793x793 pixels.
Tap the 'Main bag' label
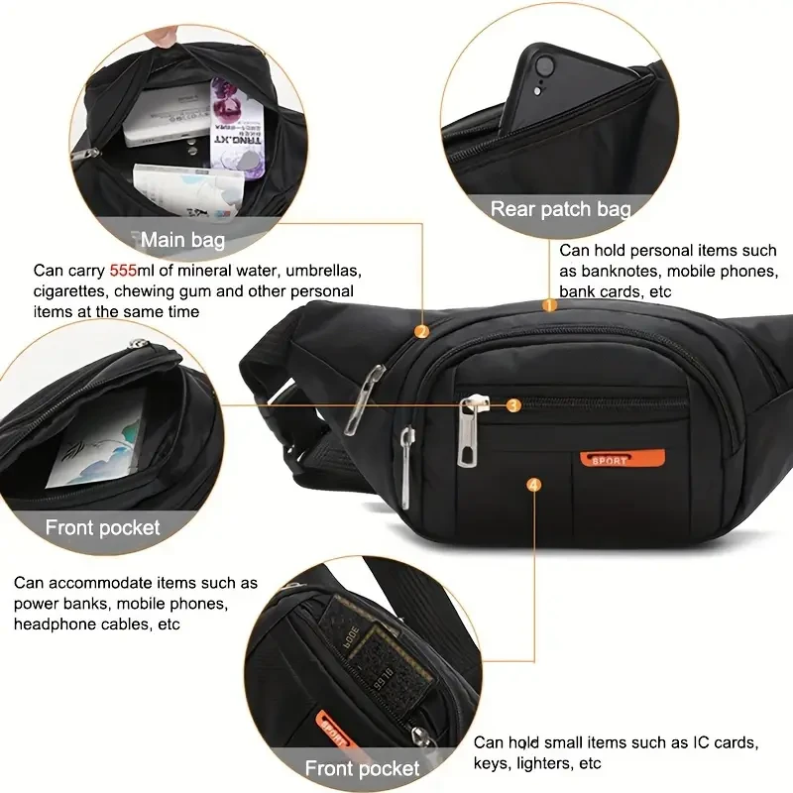coord(182,240)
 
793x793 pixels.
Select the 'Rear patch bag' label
coord(561,209)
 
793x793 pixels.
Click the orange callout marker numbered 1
coord(551,304)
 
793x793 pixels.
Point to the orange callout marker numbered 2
coord(422,332)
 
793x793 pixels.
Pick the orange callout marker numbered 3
coord(512,403)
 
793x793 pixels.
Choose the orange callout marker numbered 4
coord(535,485)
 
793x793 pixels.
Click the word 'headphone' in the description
coord(50,624)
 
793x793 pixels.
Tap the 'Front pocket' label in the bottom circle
coord(362,768)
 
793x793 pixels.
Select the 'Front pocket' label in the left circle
coord(102,527)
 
